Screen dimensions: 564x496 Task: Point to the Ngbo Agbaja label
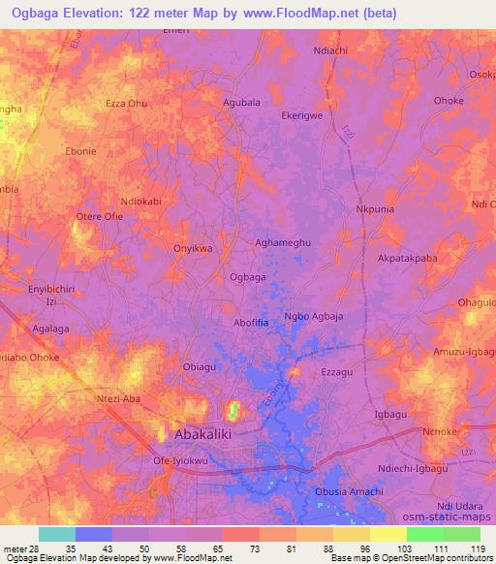click(x=315, y=316)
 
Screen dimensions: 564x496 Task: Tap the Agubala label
click(x=241, y=100)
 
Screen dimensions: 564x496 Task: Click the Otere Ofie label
click(x=99, y=216)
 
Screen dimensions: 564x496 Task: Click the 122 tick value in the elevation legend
click(x=484, y=549)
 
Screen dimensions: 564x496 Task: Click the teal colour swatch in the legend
click(x=56, y=534)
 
